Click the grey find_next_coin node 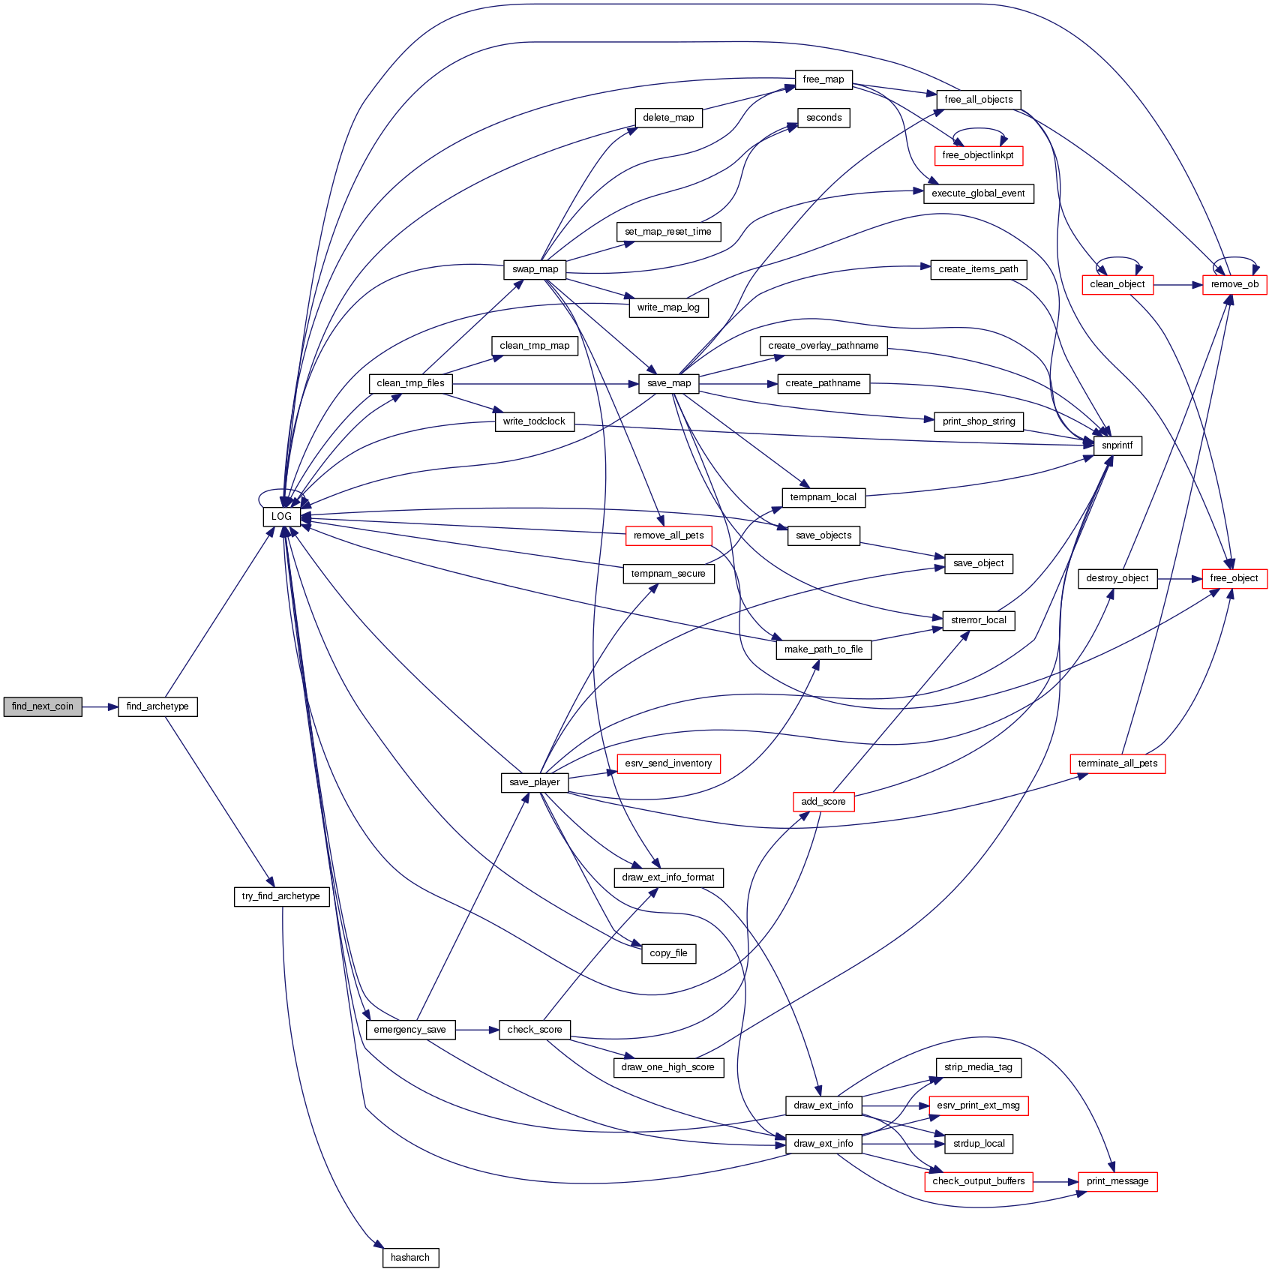pyautogui.click(x=43, y=706)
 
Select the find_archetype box pyautogui.click(x=157, y=706)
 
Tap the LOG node pyautogui.click(x=281, y=517)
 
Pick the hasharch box pyautogui.click(x=410, y=1258)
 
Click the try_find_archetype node pyautogui.click(x=281, y=896)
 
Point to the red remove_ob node pyautogui.click(x=1234, y=285)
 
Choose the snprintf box pyautogui.click(x=1117, y=445)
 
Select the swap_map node pyautogui.click(x=535, y=269)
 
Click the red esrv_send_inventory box pyautogui.click(x=668, y=763)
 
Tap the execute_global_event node pyautogui.click(x=978, y=193)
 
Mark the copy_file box pyautogui.click(x=668, y=953)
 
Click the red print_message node pyautogui.click(x=1117, y=1181)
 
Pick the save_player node pyautogui.click(x=535, y=782)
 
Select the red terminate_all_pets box pyautogui.click(x=1117, y=763)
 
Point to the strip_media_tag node pyautogui.click(x=978, y=1067)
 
